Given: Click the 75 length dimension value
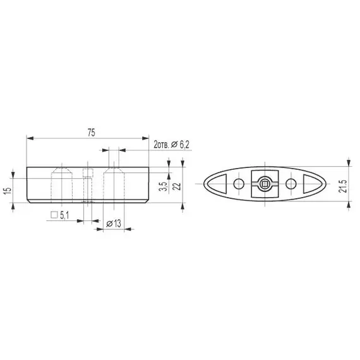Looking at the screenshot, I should coord(91,132).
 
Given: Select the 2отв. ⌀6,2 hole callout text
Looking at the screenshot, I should coord(172,145).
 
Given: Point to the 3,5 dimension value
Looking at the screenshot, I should coord(163,186).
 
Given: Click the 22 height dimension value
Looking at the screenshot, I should coord(178,185).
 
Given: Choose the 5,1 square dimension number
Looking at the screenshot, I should coord(66,215).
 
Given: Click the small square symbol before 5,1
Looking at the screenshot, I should coord(55,215).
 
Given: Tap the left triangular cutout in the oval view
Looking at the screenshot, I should coord(217,184).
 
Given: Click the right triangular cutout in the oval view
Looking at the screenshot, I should coord(311,184).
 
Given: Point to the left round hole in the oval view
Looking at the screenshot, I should coord(238,184).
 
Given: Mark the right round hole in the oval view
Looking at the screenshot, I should coord(291,184).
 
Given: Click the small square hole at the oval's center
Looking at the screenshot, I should coord(265,184).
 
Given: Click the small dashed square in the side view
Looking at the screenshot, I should coord(88,174).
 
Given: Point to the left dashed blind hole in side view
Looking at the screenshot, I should coord(61,183).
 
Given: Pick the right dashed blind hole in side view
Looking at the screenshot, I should coord(114,183).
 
